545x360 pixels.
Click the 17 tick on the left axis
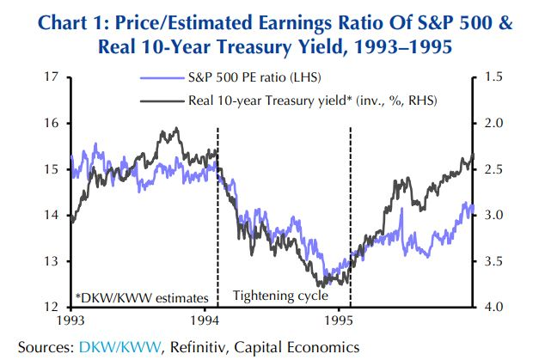[55, 77]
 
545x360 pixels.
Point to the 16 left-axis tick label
[55, 124]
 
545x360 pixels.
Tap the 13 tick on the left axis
[55, 261]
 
